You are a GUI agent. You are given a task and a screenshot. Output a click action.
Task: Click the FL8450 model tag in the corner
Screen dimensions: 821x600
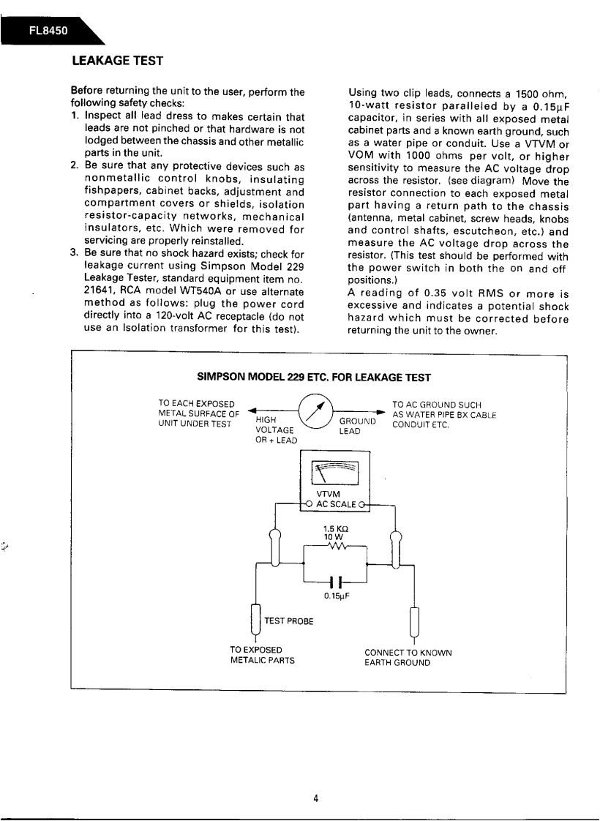(x=48, y=31)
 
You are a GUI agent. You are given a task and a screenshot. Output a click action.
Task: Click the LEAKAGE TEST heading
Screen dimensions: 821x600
(x=116, y=60)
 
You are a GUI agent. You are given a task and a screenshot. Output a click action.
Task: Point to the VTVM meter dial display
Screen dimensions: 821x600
(x=334, y=473)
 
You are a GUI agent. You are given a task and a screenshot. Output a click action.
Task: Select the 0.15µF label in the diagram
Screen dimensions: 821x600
(x=335, y=596)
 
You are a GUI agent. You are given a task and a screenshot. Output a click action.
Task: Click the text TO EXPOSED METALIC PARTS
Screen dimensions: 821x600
(x=262, y=655)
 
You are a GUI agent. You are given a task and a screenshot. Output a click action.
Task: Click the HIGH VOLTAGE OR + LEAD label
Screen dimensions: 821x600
(x=276, y=430)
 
